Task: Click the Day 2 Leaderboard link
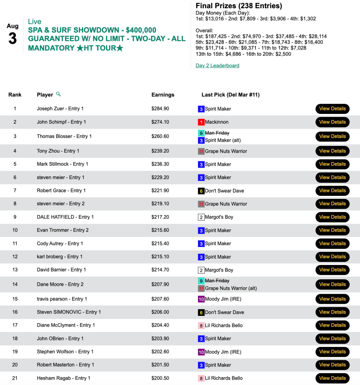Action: (217, 65)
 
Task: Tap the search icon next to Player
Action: (58, 94)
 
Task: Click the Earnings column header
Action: (163, 95)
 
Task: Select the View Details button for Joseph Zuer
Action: (332, 109)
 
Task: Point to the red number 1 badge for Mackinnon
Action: (201, 122)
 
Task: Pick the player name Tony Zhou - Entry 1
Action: (58, 151)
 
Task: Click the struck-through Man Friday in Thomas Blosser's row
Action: (217, 133)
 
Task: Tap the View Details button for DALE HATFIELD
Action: (332, 217)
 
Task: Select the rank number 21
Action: (15, 378)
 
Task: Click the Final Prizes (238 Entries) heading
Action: (239, 6)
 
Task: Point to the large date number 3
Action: (13, 39)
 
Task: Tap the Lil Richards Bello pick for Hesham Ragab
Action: (224, 378)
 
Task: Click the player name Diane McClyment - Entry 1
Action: (66, 325)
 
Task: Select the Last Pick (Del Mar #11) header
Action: (230, 95)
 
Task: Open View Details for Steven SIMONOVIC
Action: (332, 312)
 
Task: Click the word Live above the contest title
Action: (35, 21)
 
